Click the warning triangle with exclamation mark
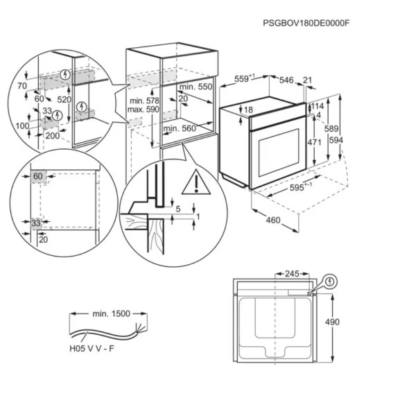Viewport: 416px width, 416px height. [196, 182]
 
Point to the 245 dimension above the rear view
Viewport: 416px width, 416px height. [292, 274]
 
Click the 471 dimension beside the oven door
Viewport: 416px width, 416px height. [314, 142]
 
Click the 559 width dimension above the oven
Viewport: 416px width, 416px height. [243, 80]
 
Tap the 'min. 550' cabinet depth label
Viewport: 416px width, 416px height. [196, 87]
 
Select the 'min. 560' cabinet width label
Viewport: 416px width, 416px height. [180, 128]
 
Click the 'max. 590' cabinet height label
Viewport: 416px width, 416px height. [144, 110]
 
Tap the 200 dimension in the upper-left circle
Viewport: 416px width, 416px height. [53, 136]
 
